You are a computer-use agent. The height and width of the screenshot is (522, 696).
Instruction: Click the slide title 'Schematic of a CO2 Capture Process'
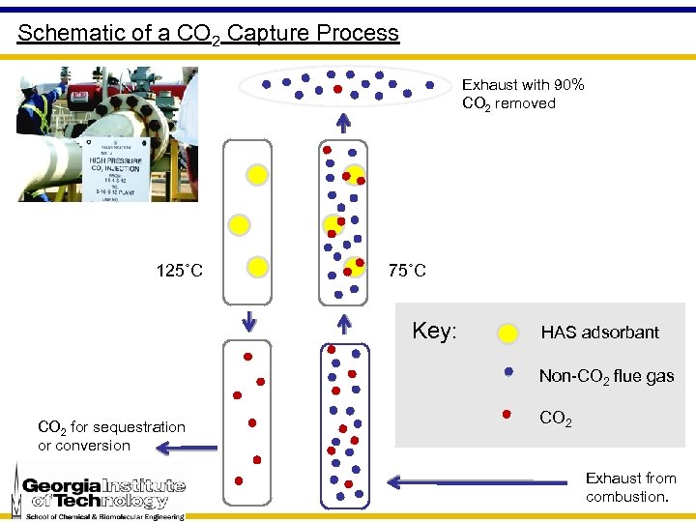coord(208,33)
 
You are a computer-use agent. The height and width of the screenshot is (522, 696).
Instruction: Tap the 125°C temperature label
coord(179,270)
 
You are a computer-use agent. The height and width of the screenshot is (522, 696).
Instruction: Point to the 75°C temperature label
coord(406,270)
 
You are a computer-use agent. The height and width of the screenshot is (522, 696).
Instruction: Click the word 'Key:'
coord(434,332)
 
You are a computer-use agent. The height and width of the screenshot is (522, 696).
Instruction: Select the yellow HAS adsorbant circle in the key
coord(507,334)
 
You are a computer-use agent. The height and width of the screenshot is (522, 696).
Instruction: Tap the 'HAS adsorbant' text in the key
coord(599,333)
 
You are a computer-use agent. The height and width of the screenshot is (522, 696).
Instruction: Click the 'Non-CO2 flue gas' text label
coord(606,376)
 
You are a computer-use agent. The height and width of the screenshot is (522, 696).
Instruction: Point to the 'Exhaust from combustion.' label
coord(630,487)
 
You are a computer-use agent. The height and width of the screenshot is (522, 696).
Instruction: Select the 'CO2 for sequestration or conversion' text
coord(111,436)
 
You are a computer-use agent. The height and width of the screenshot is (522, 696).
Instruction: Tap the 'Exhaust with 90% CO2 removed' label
coord(523,94)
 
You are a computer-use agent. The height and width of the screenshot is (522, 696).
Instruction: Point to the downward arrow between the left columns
coord(249,320)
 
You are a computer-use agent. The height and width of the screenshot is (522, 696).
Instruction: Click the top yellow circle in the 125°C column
coord(257,174)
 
